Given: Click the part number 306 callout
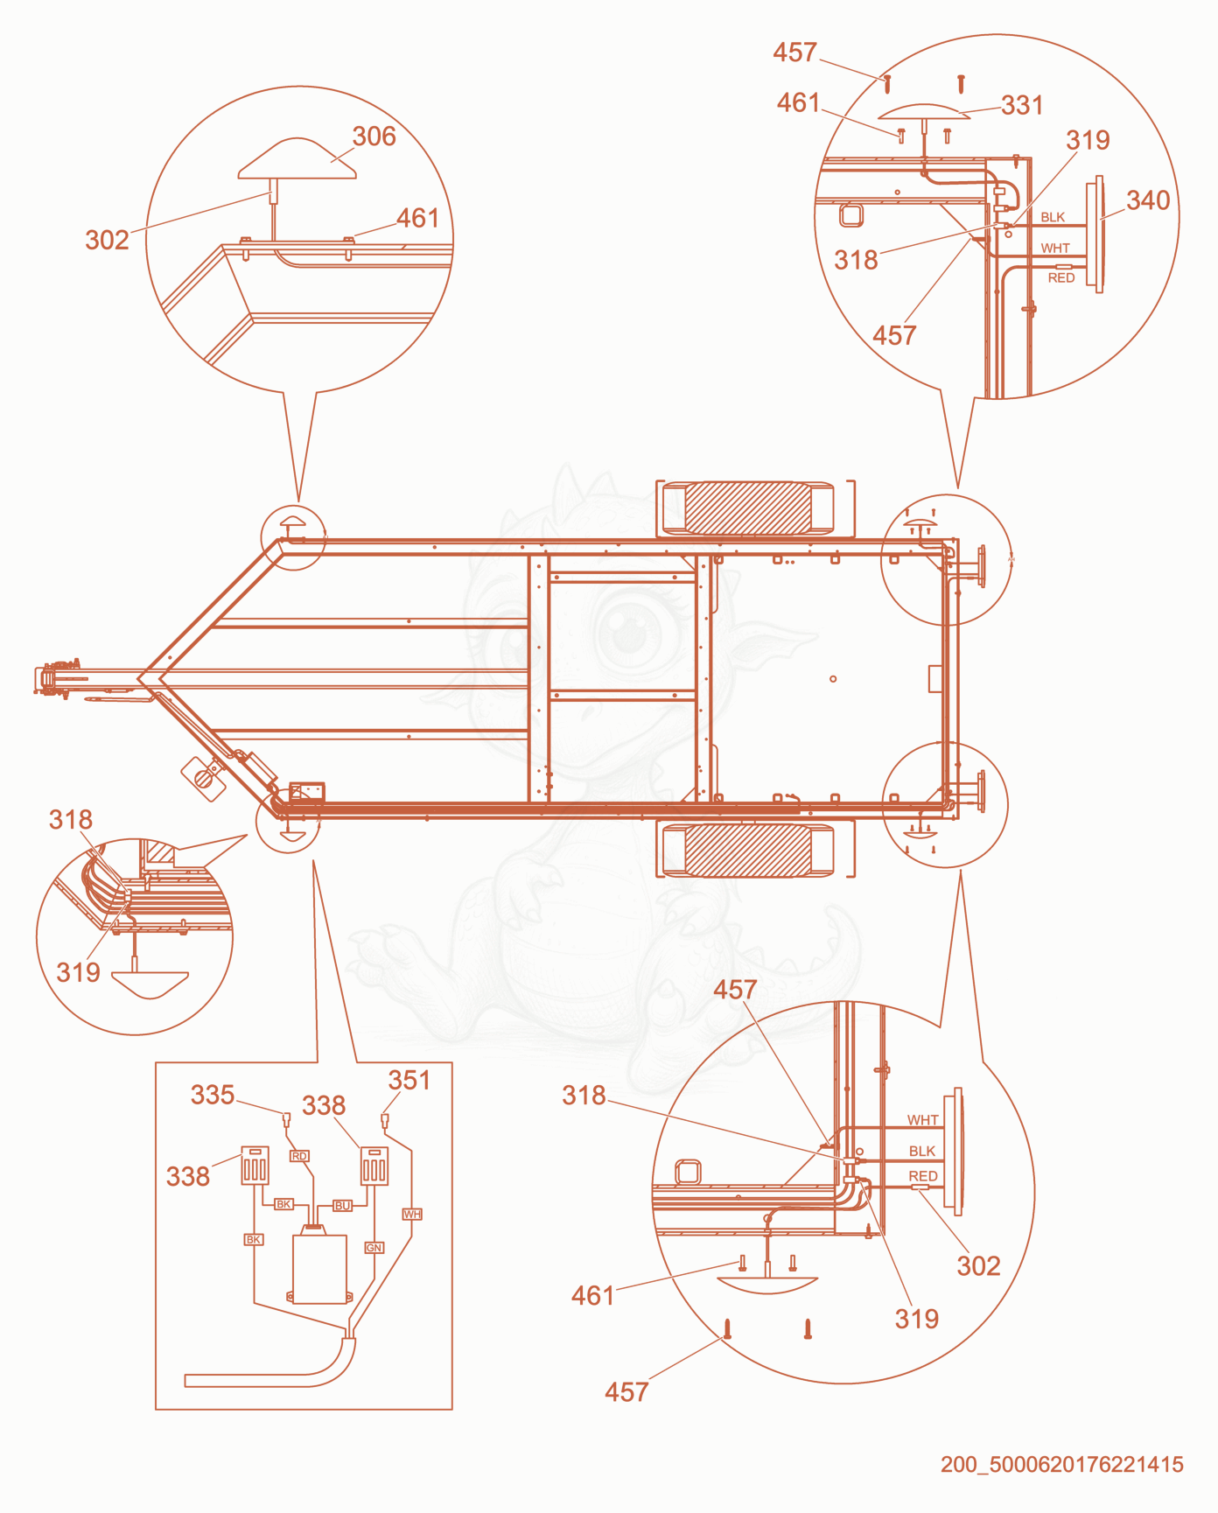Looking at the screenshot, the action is [374, 137].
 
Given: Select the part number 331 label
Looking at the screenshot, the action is [1022, 106].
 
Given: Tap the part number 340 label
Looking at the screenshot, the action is [1148, 200].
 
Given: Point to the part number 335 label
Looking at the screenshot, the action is [213, 1095].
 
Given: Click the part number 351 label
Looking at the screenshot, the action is [409, 1081].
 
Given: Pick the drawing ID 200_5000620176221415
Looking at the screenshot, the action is [1062, 1465].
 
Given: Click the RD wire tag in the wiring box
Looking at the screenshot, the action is [299, 1156].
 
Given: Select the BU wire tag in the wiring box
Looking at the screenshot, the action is [342, 1206].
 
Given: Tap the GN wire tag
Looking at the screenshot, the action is [374, 1248].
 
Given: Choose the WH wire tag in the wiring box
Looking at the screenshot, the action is [412, 1214].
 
